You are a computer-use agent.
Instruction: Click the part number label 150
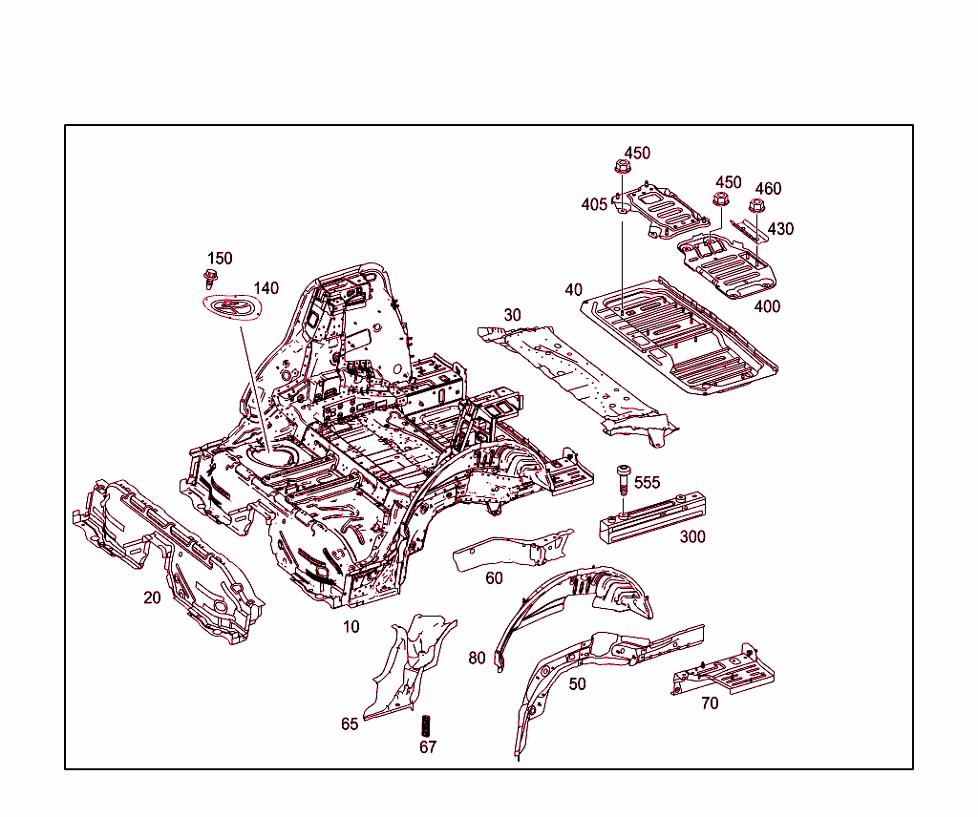pyautogui.click(x=220, y=259)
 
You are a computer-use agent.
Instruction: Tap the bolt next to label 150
pyautogui.click(x=210, y=280)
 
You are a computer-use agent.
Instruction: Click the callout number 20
pyautogui.click(x=152, y=598)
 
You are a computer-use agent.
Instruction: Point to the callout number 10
pyautogui.click(x=351, y=627)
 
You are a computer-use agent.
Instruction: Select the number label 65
pyautogui.click(x=350, y=724)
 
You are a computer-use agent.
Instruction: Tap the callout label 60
pyautogui.click(x=494, y=578)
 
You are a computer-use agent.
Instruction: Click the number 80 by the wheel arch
pyautogui.click(x=478, y=658)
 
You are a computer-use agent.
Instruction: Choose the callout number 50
pyautogui.click(x=577, y=684)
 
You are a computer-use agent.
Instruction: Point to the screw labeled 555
pyautogui.click(x=623, y=477)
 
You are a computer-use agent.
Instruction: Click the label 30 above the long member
pyautogui.click(x=513, y=315)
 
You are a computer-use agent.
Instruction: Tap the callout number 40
pyautogui.click(x=573, y=289)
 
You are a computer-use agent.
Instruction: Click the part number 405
pyautogui.click(x=594, y=204)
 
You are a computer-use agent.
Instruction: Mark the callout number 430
pyautogui.click(x=780, y=229)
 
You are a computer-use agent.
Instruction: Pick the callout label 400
pyautogui.click(x=767, y=306)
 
